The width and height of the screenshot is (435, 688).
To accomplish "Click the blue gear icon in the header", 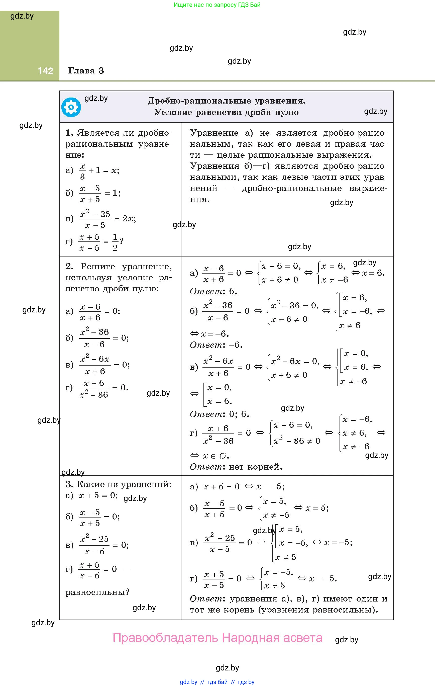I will pyautogui.click(x=71, y=107).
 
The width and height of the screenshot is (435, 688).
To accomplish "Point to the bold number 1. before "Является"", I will pyautogui.click(x=69, y=133).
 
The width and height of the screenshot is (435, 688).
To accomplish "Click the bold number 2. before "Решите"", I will pyautogui.click(x=69, y=266).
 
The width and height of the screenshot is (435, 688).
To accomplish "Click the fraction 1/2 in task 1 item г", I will pyautogui.click(x=115, y=242).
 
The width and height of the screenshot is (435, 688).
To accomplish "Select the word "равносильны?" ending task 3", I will pyautogui.click(x=97, y=592).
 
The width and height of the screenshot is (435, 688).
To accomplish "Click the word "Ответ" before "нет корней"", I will pyautogui.click(x=206, y=467).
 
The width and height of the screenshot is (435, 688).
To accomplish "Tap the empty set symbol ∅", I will pyautogui.click(x=223, y=456).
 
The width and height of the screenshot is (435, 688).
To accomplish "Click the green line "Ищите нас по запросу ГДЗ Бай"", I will pyautogui.click(x=217, y=5).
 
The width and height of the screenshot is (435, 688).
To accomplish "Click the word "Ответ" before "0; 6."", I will pyautogui.click(x=206, y=414).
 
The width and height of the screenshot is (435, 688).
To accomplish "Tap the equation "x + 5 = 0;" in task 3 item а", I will pyautogui.click(x=98, y=495).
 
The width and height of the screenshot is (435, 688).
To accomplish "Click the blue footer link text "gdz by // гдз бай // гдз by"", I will pyautogui.click(x=217, y=682).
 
